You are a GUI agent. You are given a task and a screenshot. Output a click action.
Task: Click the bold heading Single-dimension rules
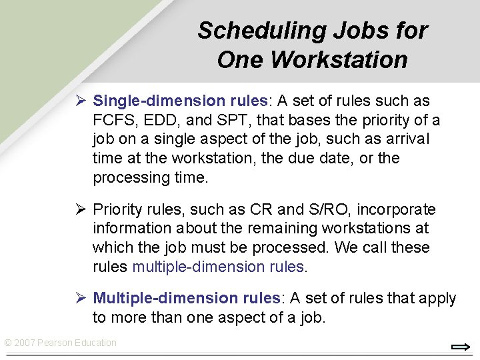180,101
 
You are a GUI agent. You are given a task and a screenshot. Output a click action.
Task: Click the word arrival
407,139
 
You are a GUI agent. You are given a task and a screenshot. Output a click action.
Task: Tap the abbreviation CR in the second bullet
261,210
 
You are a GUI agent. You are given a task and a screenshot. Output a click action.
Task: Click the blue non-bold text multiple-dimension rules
218,267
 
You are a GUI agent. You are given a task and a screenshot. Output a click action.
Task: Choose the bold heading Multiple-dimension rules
186,298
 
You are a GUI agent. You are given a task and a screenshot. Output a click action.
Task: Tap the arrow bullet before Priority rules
79,210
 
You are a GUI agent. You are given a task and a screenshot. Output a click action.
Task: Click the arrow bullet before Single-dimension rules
79,101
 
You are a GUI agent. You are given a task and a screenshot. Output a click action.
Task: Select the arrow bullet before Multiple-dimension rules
79,298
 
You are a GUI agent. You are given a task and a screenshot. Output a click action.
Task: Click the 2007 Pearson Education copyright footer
60,343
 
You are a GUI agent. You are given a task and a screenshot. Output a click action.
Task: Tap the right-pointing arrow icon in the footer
461,347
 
